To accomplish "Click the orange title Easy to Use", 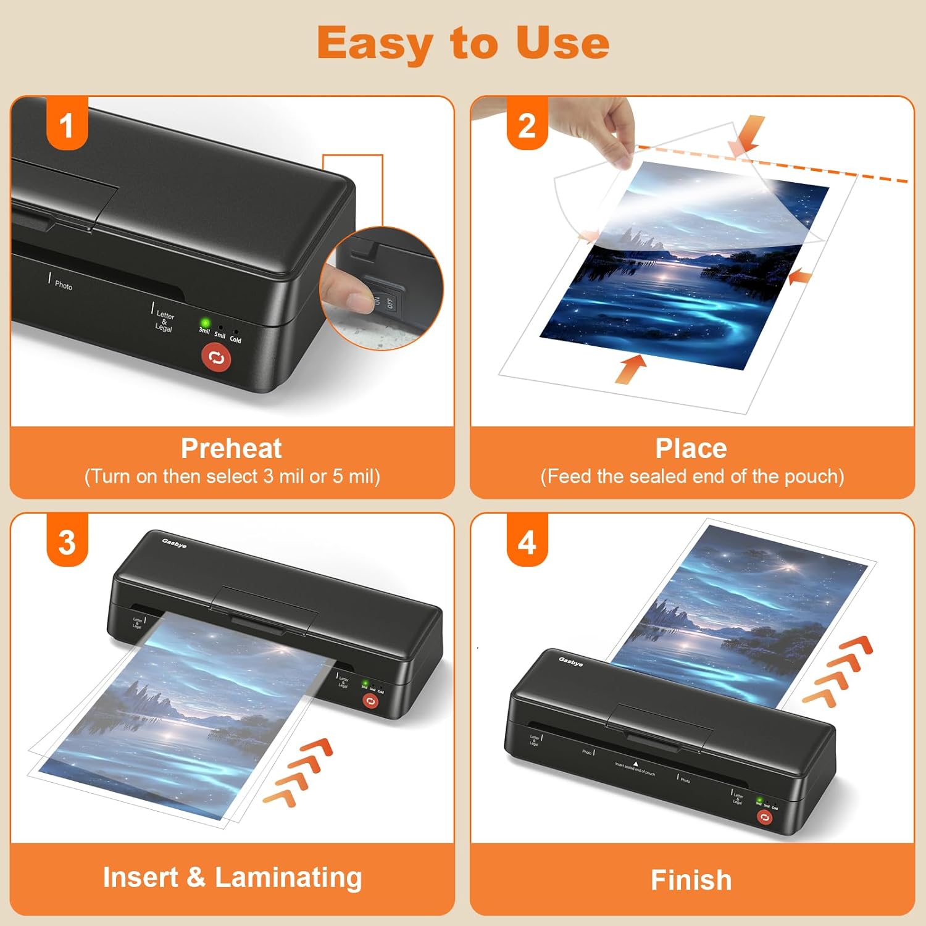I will (463, 43).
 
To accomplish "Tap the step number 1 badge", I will (67, 125).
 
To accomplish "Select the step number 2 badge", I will (527, 125).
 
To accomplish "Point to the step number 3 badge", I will (67, 543).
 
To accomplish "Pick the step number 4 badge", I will (527, 543).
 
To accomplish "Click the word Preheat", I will (231, 448).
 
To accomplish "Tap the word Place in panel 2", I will (691, 448).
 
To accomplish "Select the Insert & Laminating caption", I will (232, 877).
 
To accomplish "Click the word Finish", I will (691, 880).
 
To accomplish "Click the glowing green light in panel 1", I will (205, 323).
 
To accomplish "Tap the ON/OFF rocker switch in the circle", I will (384, 301).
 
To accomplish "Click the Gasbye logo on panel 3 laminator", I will (174, 543).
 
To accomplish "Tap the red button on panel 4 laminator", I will (764, 817).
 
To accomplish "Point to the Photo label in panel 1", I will (63, 285).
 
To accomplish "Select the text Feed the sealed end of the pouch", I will (692, 477).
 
